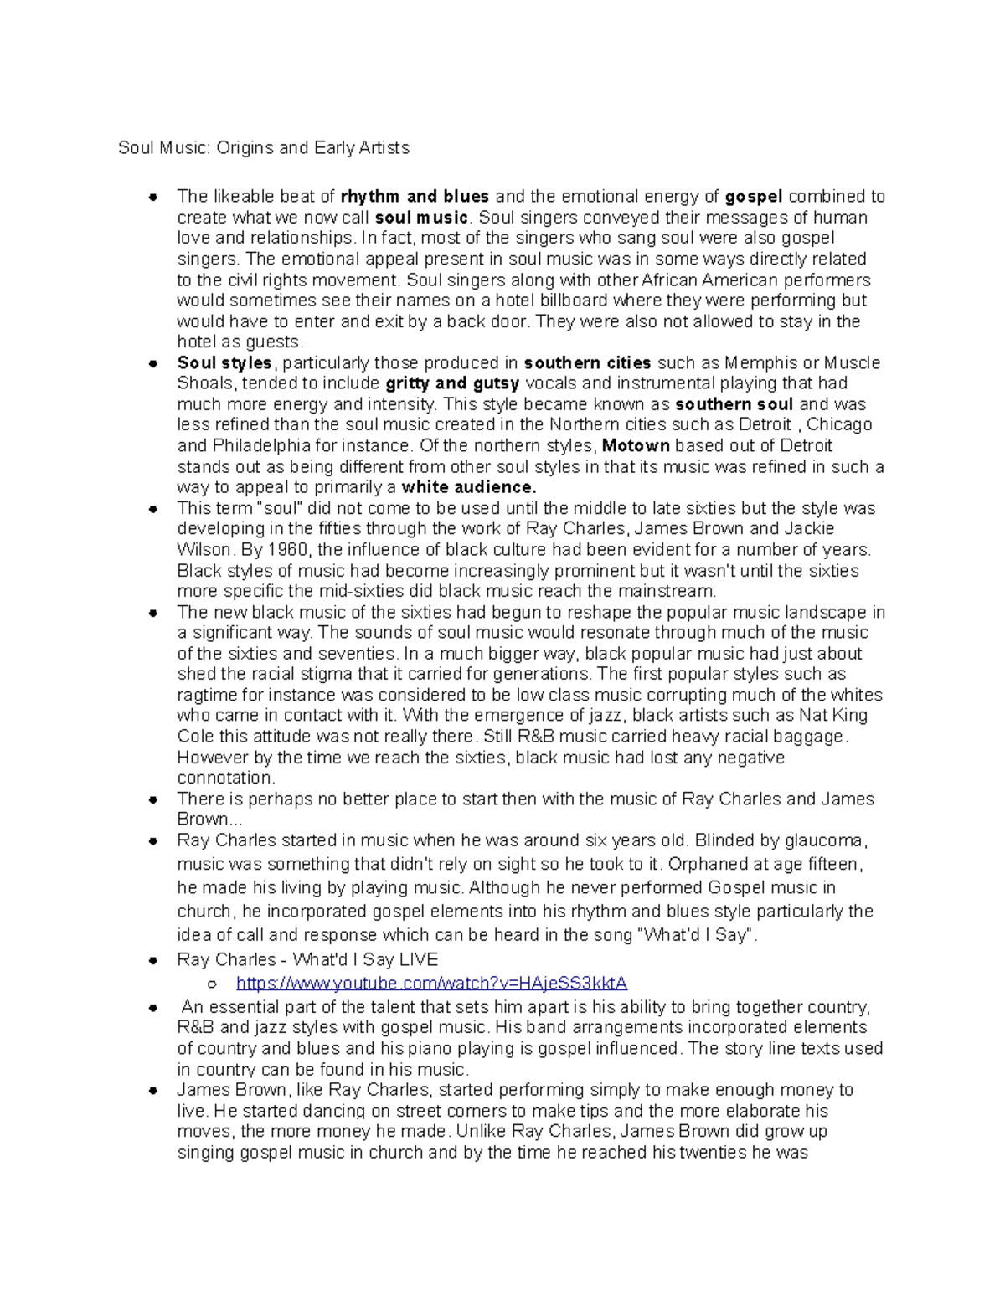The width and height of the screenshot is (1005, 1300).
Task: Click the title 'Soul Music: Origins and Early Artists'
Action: [264, 148]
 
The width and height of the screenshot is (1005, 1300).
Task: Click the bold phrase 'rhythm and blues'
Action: [415, 197]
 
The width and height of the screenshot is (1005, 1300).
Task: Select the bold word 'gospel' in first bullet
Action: [754, 197]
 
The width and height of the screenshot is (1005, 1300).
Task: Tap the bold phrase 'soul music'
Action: [420, 218]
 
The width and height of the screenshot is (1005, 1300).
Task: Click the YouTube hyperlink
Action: [431, 983]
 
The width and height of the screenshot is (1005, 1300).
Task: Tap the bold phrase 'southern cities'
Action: [587, 362]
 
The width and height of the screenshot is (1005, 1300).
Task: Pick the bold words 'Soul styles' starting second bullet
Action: [224, 362]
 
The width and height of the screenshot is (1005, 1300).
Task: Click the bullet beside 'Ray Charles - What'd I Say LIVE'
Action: [153, 961]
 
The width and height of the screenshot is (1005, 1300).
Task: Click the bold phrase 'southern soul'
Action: [734, 404]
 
